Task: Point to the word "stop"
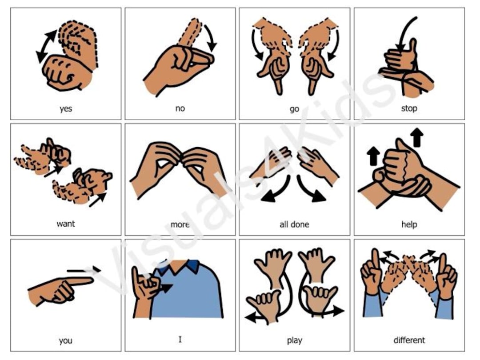(409, 108)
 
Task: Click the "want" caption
(65, 224)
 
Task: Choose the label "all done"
(294, 224)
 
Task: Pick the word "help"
(409, 224)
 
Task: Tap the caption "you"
(65, 341)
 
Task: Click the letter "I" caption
(180, 340)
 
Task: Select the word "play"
(294, 341)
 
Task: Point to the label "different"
(409, 340)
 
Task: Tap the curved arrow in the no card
(210, 38)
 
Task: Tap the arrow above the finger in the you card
(84, 270)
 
